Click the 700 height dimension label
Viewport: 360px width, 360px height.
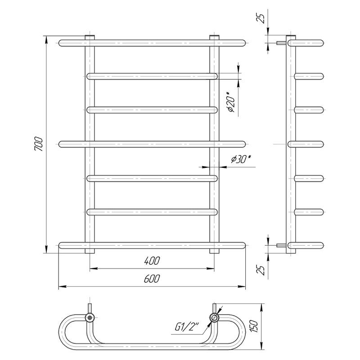pos(39,144)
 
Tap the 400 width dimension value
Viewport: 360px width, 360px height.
pos(152,261)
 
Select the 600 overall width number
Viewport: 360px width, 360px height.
pos(152,279)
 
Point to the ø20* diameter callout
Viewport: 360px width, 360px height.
pos(231,102)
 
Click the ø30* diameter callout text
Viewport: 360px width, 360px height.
pos(241,159)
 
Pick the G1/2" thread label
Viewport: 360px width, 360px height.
pos(187,327)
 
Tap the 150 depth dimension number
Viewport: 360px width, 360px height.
pos(255,326)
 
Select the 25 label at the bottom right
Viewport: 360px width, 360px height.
pos(261,270)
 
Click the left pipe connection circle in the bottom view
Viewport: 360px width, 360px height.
pos(90,318)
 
